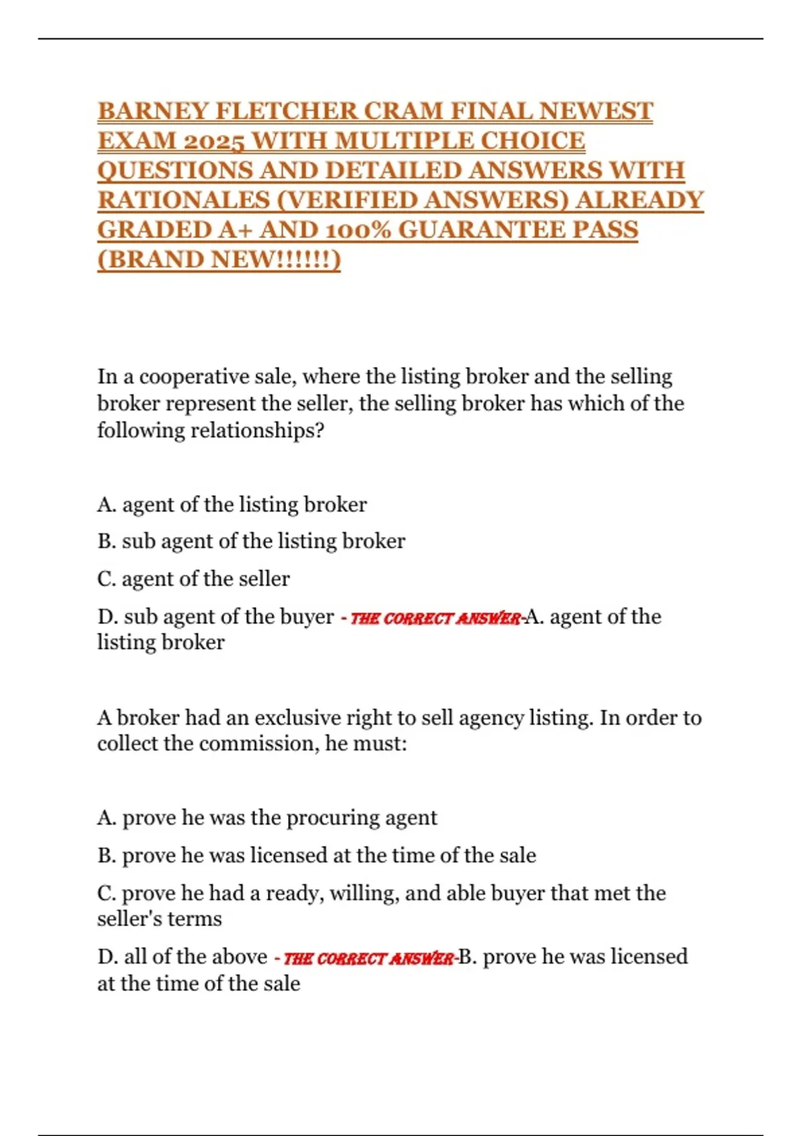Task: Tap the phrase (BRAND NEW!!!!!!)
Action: tap(219, 259)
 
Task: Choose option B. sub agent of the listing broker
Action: tap(251, 541)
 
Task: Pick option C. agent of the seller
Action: tap(194, 579)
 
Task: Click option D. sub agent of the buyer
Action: tap(216, 617)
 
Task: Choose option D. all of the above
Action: tap(182, 957)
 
